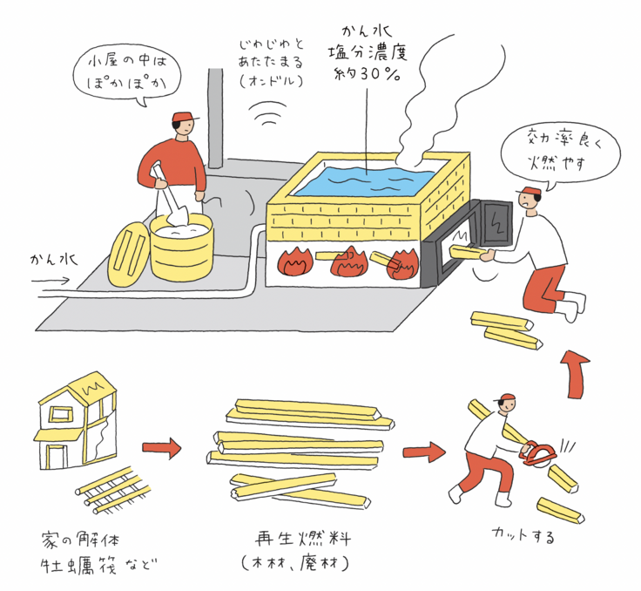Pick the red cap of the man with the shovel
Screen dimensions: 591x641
click(185, 117)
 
